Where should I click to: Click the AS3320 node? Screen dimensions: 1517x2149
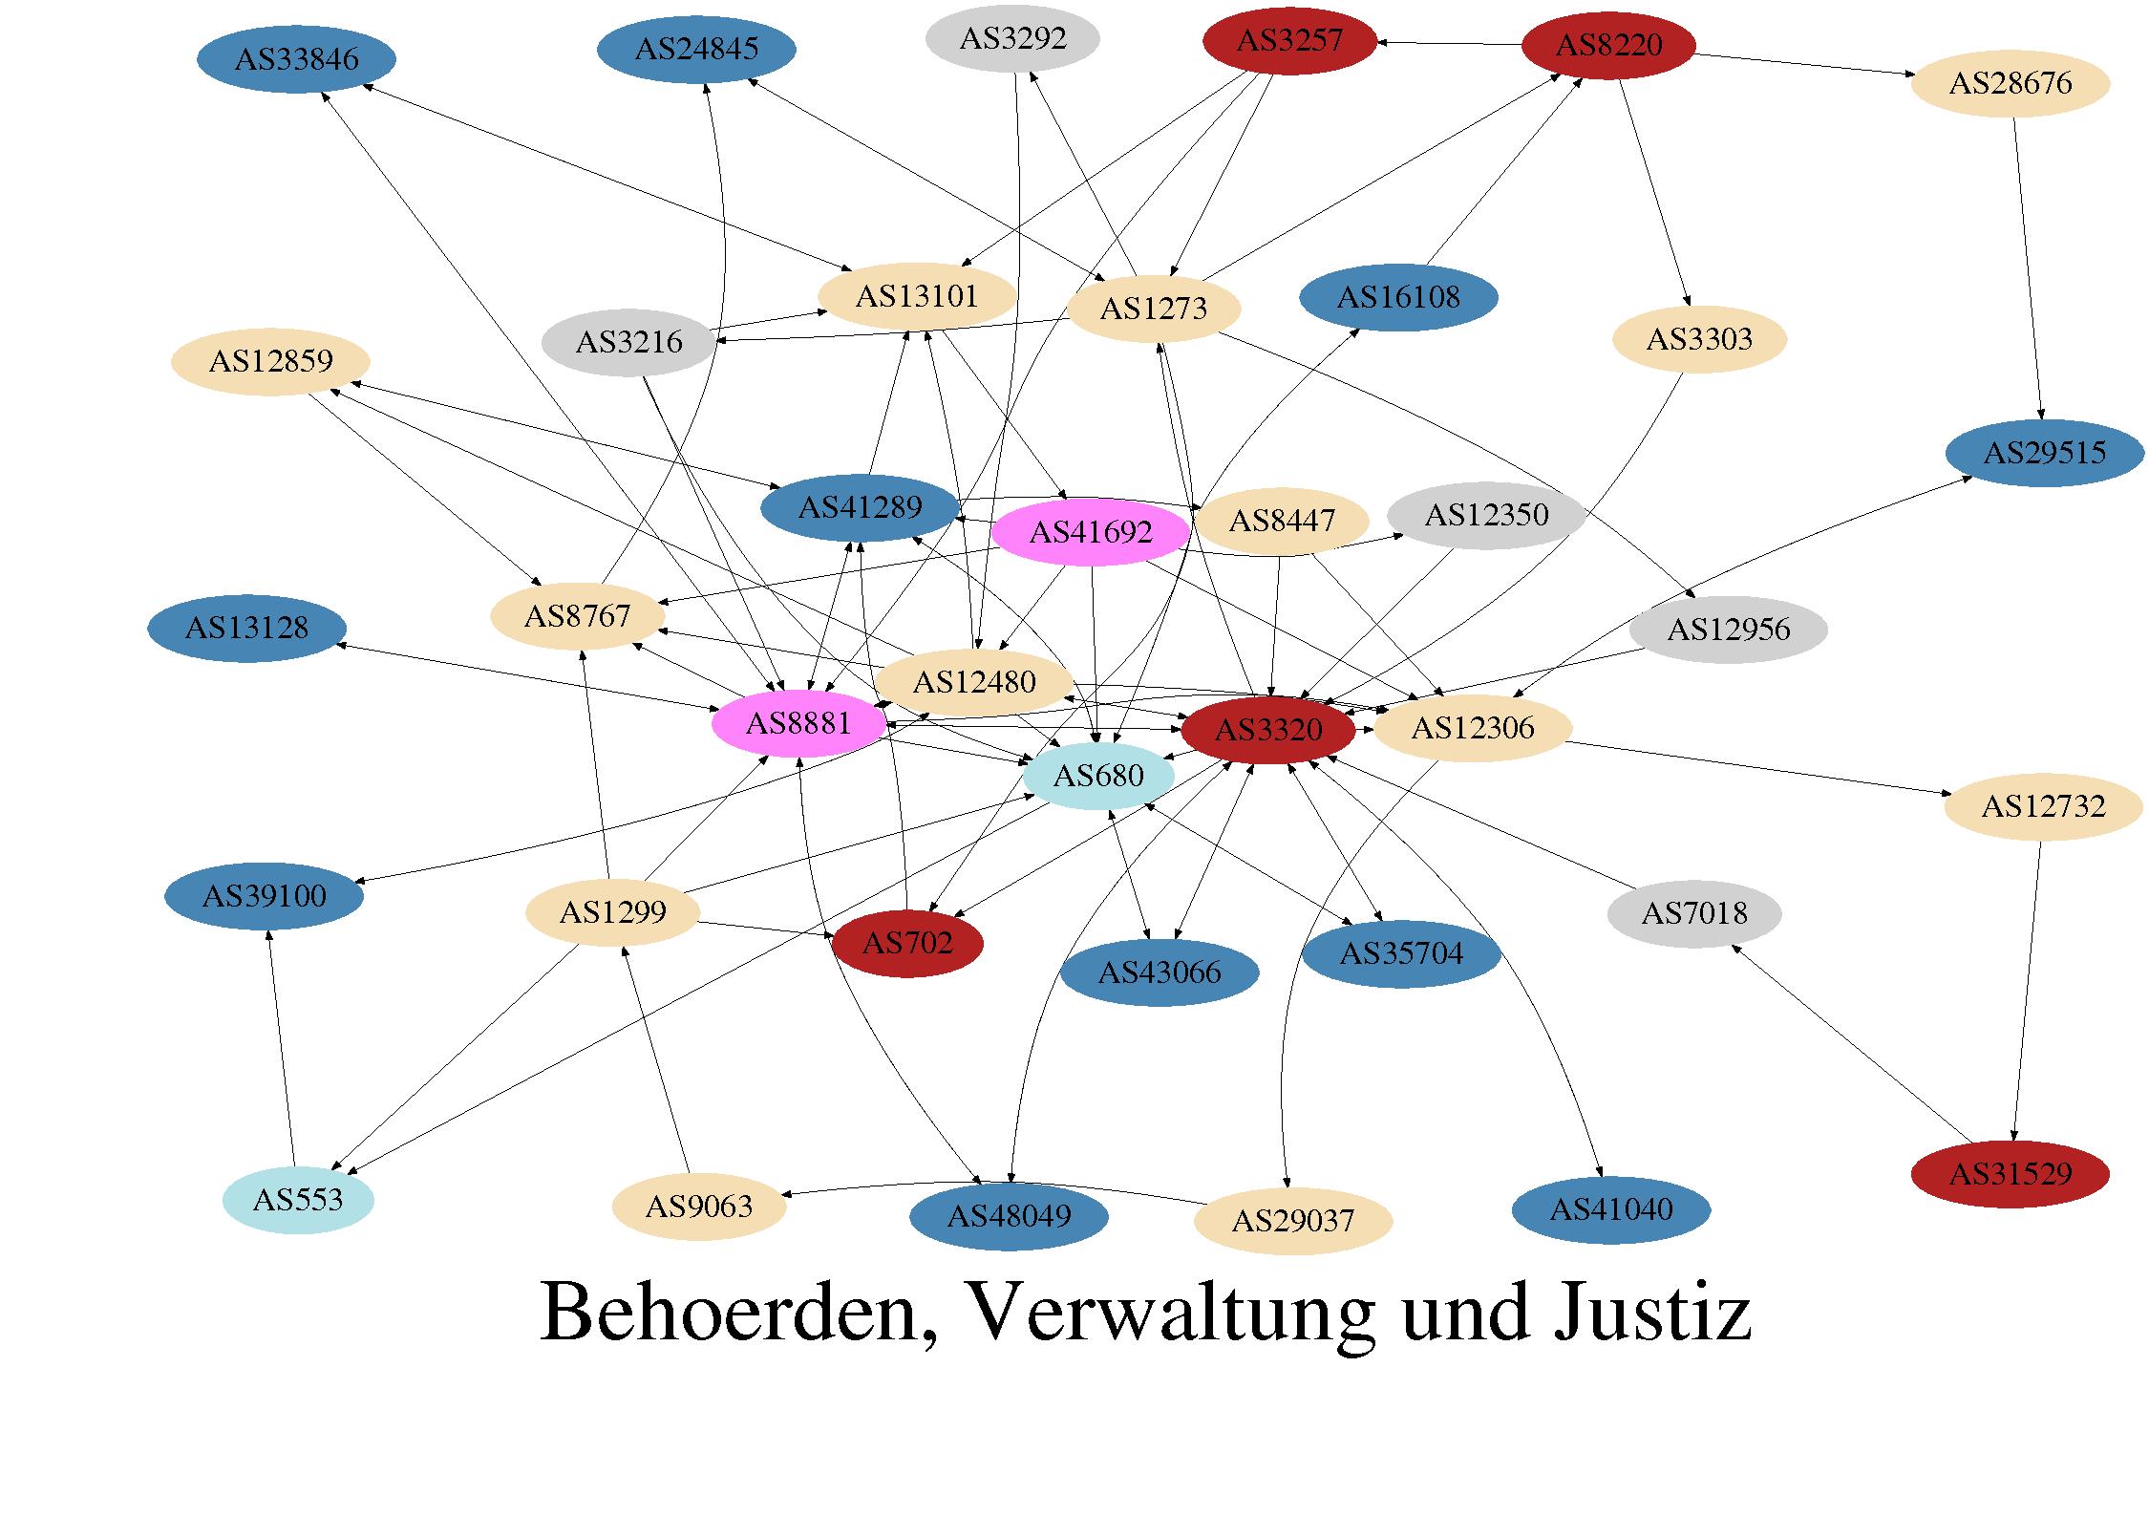coord(1267,731)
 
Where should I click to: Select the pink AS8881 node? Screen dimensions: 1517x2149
coord(798,723)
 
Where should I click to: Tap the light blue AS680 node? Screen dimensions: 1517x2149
coord(1097,776)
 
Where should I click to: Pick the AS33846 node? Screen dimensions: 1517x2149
coord(296,59)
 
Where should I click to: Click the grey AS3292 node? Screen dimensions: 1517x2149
coord(1012,39)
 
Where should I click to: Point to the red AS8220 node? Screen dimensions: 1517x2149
coord(1608,45)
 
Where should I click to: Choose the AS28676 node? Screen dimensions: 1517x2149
coord(2010,83)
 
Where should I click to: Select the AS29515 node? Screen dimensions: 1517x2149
coord(2044,452)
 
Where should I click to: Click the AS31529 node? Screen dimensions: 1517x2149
coord(2010,1174)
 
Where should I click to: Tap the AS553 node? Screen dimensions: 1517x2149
coord(297,1200)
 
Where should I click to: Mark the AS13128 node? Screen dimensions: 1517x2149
coord(246,628)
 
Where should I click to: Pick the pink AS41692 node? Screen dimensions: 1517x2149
coord(1090,532)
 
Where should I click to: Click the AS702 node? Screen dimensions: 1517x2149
coord(907,944)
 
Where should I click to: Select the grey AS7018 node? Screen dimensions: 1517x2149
coord(1694,914)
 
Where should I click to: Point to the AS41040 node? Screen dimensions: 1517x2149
coord(1610,1210)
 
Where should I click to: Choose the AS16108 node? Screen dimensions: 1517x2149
coord(1398,297)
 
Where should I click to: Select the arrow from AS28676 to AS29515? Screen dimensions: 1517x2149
coord(2029,267)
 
